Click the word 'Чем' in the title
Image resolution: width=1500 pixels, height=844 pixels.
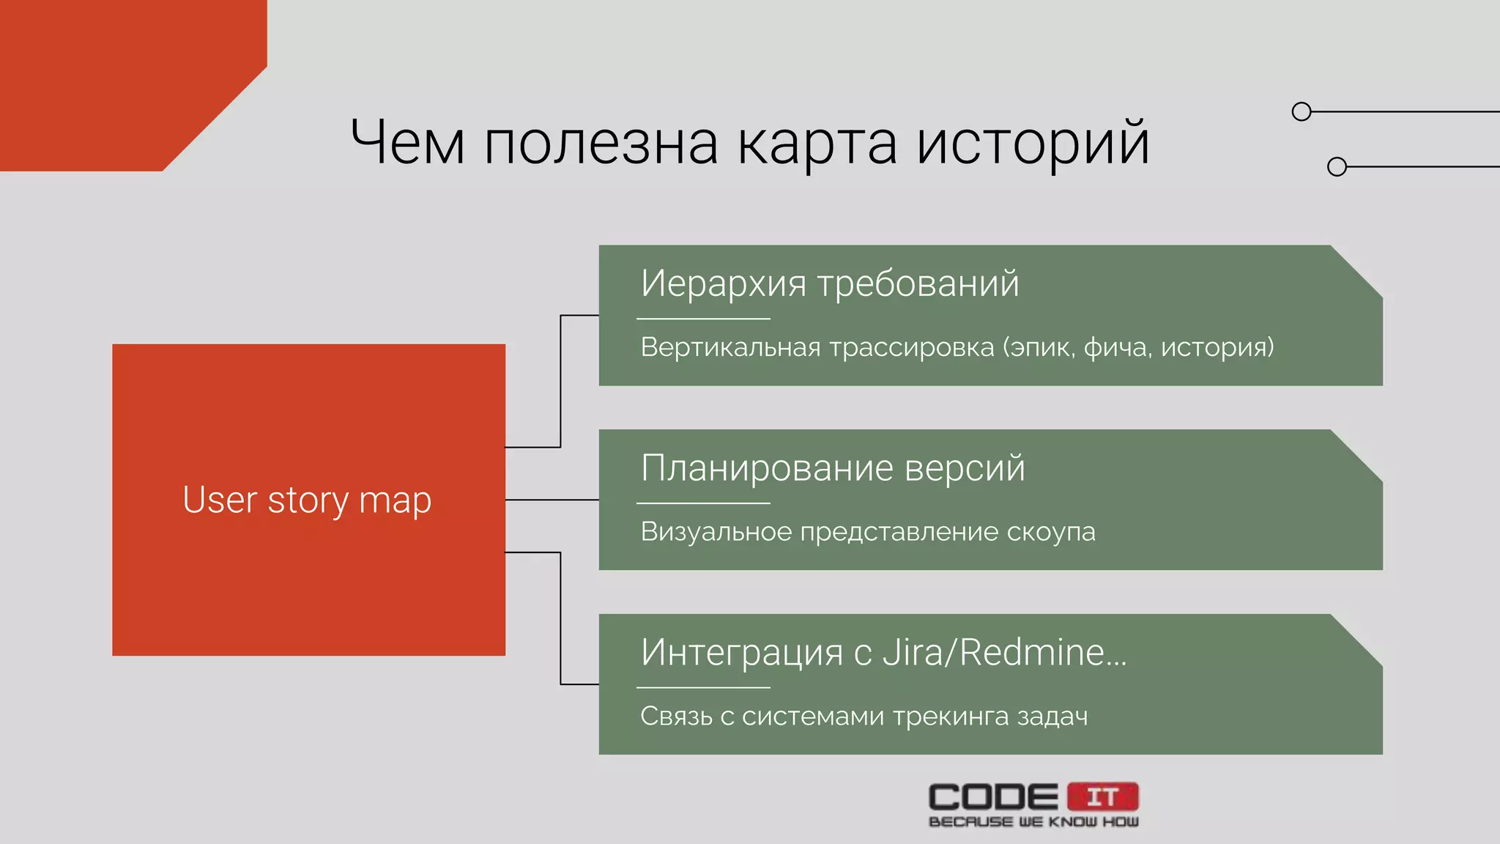click(x=407, y=142)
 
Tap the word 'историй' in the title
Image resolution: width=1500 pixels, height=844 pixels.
click(x=1033, y=144)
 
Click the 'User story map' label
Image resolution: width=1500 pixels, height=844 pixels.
click(x=307, y=501)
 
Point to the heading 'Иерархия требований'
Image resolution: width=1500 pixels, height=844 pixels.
click(x=830, y=284)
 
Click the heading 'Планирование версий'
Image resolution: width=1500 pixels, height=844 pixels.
click(x=833, y=468)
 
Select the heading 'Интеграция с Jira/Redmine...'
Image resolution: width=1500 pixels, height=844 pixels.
click(x=883, y=653)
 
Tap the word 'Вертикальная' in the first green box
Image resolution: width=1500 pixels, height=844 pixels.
click(x=730, y=347)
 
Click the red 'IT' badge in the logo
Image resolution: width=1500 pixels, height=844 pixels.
click(x=1103, y=796)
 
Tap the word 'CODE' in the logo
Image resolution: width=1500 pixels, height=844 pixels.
click(x=993, y=797)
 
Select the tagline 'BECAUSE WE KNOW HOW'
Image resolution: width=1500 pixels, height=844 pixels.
click(x=1033, y=822)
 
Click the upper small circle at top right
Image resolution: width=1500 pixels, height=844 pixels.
click(x=1302, y=111)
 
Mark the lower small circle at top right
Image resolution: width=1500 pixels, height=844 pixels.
click(x=1337, y=167)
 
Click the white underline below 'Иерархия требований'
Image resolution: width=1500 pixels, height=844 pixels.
click(x=703, y=319)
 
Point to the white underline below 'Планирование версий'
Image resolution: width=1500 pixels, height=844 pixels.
click(x=703, y=503)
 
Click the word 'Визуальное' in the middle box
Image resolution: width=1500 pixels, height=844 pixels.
click(x=716, y=532)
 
